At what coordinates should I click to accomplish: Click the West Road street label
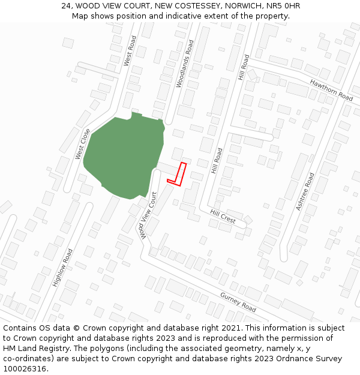tap(130, 50)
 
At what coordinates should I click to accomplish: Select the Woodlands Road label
tap(185, 64)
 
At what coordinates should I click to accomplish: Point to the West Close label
tap(83, 144)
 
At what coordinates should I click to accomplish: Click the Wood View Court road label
tap(148, 215)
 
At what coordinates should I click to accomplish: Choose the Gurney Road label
tap(238, 302)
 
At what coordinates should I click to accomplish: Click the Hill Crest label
tap(223, 216)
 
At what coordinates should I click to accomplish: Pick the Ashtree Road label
tap(304, 191)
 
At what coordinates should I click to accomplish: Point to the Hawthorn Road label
tap(331, 89)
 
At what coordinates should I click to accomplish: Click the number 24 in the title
tap(67, 6)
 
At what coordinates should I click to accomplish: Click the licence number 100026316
tap(24, 369)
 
